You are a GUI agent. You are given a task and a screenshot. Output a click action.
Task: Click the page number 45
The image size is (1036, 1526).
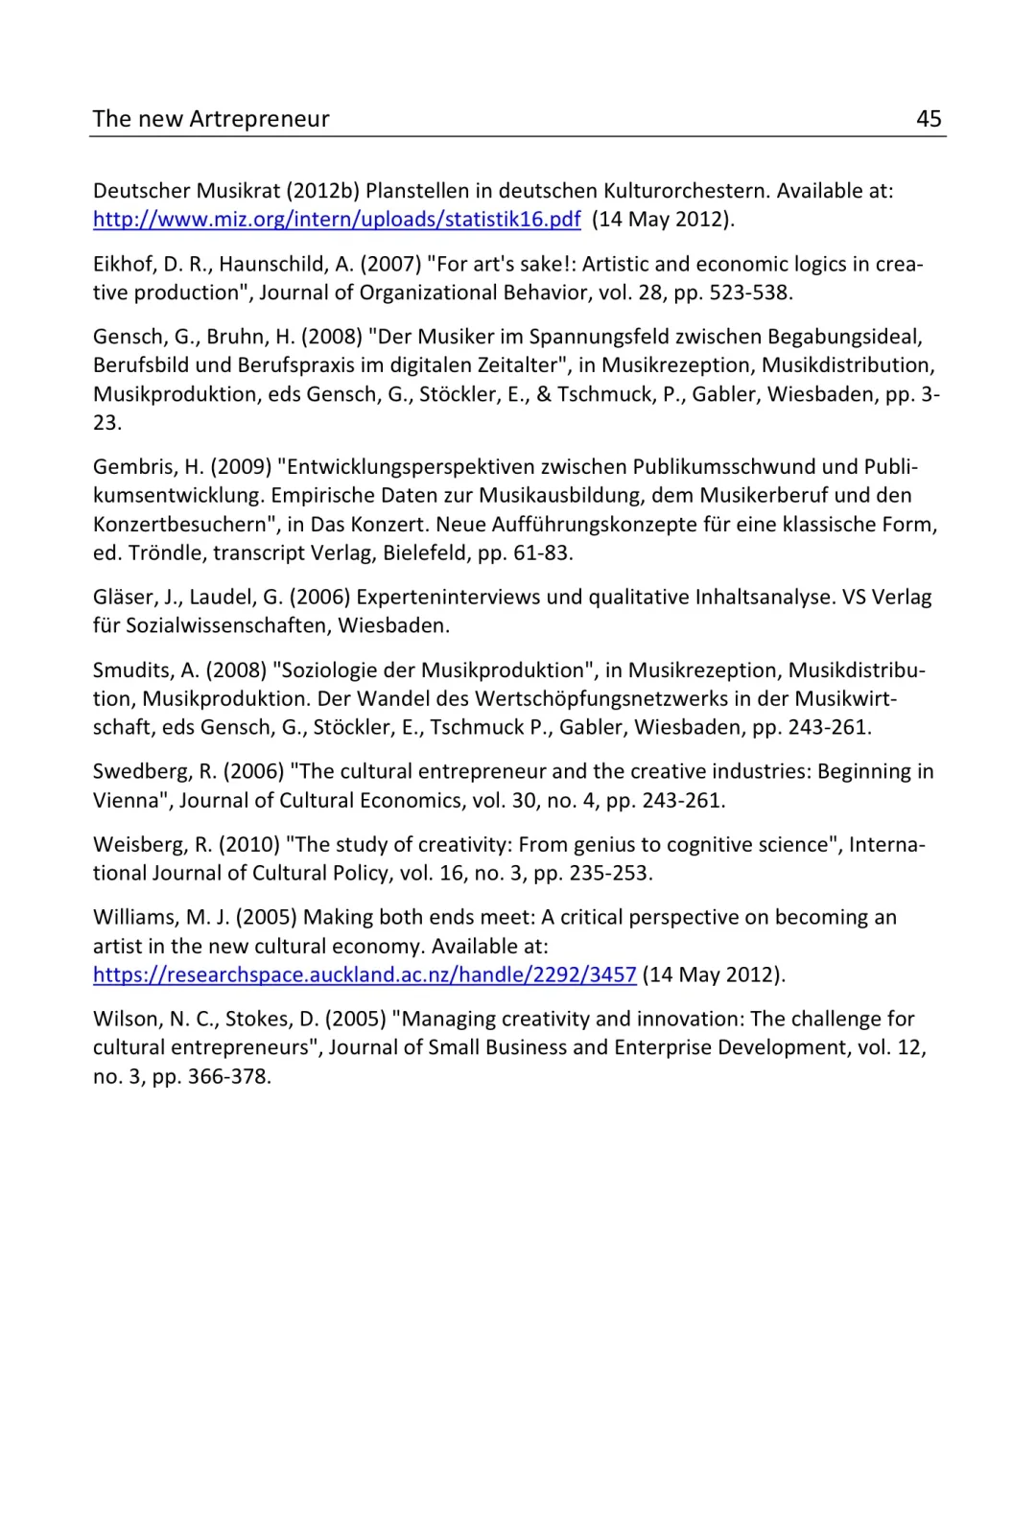[929, 119]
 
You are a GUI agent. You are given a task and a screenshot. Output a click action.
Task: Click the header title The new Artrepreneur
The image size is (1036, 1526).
[211, 119]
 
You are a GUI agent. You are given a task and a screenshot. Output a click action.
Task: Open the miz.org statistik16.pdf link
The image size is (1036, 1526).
[337, 220]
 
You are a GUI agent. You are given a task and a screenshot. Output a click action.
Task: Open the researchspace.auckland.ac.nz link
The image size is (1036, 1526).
[365, 975]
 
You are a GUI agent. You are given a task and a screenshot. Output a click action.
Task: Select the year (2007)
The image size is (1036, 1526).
[390, 265]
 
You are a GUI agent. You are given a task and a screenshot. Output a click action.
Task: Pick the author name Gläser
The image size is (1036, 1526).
[122, 598]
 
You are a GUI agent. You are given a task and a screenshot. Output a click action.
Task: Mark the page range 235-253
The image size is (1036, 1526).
[612, 874]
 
